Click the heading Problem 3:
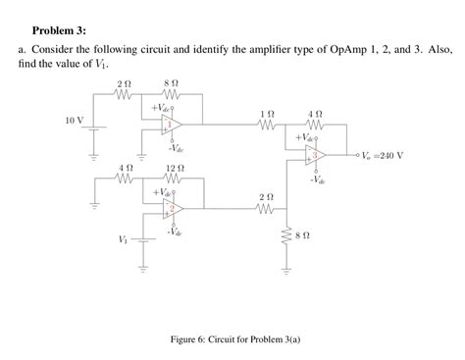tap(59, 30)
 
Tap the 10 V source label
tap(74, 120)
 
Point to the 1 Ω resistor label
tap(266, 115)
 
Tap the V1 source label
tap(122, 239)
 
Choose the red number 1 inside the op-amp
tap(171, 125)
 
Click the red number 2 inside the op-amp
tap(171, 209)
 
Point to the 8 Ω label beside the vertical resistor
tap(304, 236)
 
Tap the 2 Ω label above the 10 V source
tap(123, 84)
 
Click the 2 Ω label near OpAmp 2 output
tap(267, 197)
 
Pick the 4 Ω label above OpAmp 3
tap(314, 115)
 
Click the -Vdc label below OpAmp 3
tap(317, 180)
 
